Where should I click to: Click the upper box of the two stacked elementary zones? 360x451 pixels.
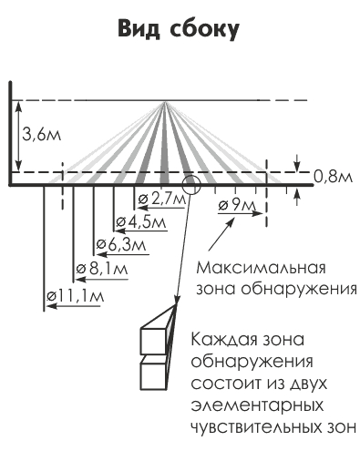coord(156,340)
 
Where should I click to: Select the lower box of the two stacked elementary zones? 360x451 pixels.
coord(156,373)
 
